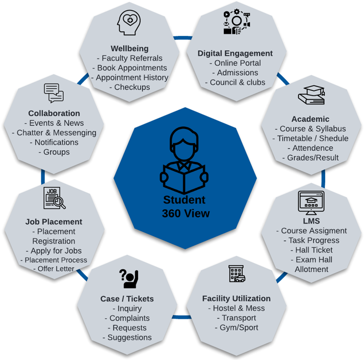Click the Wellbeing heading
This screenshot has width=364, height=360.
[129, 49]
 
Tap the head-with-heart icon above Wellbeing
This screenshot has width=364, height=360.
[129, 24]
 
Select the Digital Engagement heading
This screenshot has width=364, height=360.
[235, 53]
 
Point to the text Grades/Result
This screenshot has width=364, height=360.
[310, 158]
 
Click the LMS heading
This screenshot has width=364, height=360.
[311, 221]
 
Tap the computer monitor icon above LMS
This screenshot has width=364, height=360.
[311, 202]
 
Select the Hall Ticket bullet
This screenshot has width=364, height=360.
[311, 250]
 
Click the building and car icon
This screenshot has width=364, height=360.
[237, 273]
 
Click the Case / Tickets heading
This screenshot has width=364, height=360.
[127, 299]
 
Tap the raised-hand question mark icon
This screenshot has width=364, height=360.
[127, 279]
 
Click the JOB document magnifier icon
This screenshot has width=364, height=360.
[54, 198]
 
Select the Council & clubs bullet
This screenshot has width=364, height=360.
[235, 82]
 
